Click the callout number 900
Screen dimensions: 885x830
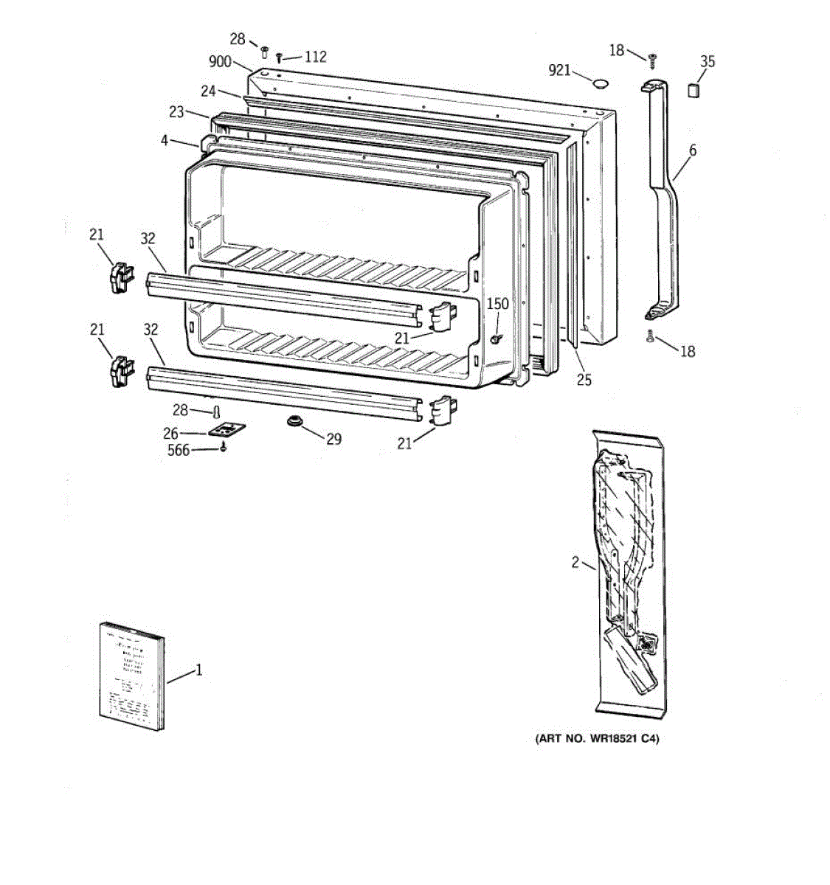220,62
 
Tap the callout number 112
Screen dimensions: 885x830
315,57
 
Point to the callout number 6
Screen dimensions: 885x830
692,150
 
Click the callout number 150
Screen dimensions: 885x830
497,304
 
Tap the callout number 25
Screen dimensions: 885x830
584,381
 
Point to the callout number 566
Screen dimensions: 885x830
179,450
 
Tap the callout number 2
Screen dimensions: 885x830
575,563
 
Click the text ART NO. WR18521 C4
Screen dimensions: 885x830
596,738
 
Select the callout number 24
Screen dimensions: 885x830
208,91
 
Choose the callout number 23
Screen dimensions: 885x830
176,112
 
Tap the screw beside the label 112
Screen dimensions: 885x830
280,58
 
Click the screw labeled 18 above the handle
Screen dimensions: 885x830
651,58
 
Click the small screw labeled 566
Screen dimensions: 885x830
224,447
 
